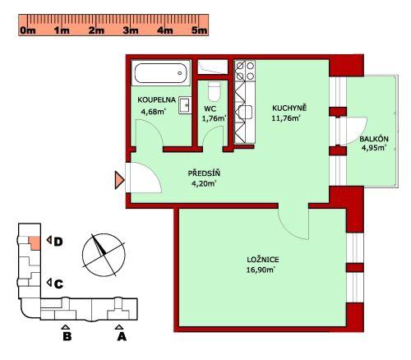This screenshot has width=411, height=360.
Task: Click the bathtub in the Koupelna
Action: pyautogui.click(x=161, y=73)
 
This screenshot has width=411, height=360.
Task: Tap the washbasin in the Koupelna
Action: pyautogui.click(x=185, y=105)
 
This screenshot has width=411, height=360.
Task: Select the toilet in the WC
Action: pyautogui.click(x=214, y=91)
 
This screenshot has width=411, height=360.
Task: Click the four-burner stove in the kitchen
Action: pyautogui.click(x=245, y=71)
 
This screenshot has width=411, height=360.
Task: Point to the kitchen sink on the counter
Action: pyautogui.click(x=245, y=112)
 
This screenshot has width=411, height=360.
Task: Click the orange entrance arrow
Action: pyautogui.click(x=119, y=180)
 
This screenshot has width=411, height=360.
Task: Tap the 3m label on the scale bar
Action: pyautogui.click(x=131, y=30)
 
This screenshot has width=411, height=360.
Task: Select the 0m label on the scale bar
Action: pyautogui.click(x=28, y=30)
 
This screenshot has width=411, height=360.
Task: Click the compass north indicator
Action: pyautogui.click(x=99, y=245)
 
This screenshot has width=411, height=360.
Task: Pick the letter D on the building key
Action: pyautogui.click(x=58, y=242)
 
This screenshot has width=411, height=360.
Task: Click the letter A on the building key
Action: pyautogui.click(x=122, y=336)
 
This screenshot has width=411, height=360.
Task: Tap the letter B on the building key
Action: pyautogui.click(x=67, y=336)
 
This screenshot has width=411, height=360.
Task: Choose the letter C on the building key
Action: pyautogui.click(x=58, y=284)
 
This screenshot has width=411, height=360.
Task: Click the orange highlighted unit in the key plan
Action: pyautogui.click(x=35, y=242)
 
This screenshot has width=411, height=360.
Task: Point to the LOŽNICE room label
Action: pyautogui.click(x=263, y=260)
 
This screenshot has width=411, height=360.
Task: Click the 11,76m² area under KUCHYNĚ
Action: pyautogui.click(x=286, y=118)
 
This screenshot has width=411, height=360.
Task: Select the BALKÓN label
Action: pyautogui.click(x=374, y=139)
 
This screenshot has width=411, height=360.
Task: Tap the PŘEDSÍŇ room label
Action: pyautogui.click(x=204, y=173)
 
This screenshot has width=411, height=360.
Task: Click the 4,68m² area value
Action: pyautogui.click(x=154, y=112)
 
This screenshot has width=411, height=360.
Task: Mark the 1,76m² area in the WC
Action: pyautogui.click(x=215, y=118)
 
